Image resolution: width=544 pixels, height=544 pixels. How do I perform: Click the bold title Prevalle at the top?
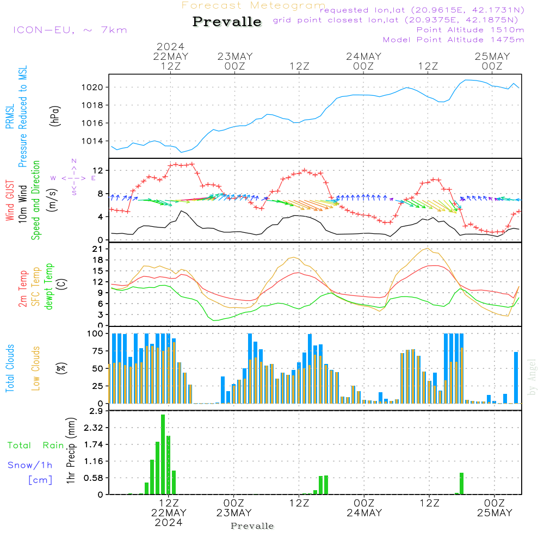[x=227, y=22]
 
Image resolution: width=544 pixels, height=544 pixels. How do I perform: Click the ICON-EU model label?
[x=70, y=29]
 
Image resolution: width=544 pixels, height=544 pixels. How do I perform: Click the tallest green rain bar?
[x=163, y=454]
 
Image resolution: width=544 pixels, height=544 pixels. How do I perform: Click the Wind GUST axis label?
[x=10, y=202]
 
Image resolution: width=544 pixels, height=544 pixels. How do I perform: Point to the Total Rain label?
[x=35, y=445]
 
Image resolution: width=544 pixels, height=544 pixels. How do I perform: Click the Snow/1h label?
[x=30, y=465]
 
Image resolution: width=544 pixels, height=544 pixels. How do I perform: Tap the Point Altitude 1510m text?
[x=470, y=29]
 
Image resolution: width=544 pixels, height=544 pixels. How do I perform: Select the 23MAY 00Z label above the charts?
[x=234, y=61]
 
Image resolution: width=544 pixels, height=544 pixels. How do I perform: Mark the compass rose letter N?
[x=74, y=161]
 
